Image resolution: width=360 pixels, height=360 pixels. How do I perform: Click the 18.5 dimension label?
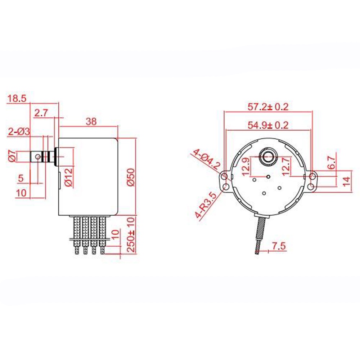17,99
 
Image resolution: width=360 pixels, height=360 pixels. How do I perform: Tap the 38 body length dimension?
91,122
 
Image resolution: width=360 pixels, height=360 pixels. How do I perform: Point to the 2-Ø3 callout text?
19,132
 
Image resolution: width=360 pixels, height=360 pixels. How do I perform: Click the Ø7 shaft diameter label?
12,157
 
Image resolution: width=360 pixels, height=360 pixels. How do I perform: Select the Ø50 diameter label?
131,177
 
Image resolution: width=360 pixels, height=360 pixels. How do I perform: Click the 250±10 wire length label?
131,235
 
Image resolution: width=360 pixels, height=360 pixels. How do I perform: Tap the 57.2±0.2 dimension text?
268,107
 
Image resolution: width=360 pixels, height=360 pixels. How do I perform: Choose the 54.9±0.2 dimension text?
268,125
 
